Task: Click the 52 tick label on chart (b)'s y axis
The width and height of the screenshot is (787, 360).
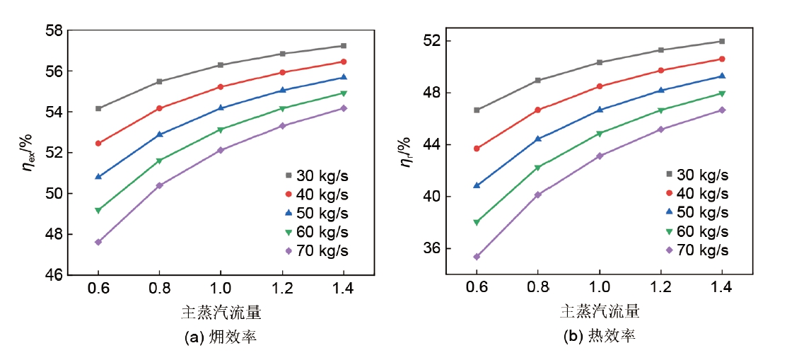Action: point(433,41)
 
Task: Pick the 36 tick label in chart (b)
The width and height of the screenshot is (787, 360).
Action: point(433,248)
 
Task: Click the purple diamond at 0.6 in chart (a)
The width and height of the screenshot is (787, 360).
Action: point(98,242)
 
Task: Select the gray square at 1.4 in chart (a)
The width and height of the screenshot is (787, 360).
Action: point(344,45)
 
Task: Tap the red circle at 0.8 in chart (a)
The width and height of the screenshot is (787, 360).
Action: point(159,108)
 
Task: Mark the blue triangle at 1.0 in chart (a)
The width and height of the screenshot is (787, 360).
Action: point(221,108)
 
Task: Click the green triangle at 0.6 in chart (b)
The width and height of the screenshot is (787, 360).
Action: point(477,222)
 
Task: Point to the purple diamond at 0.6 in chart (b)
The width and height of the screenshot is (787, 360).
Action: point(477,257)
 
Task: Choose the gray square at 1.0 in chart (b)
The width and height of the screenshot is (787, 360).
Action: point(599,62)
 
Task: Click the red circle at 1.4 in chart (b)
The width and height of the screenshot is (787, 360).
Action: point(722,59)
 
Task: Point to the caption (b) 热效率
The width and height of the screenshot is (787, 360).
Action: point(599,337)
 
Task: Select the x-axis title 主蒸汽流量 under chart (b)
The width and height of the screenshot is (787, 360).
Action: point(599,310)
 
